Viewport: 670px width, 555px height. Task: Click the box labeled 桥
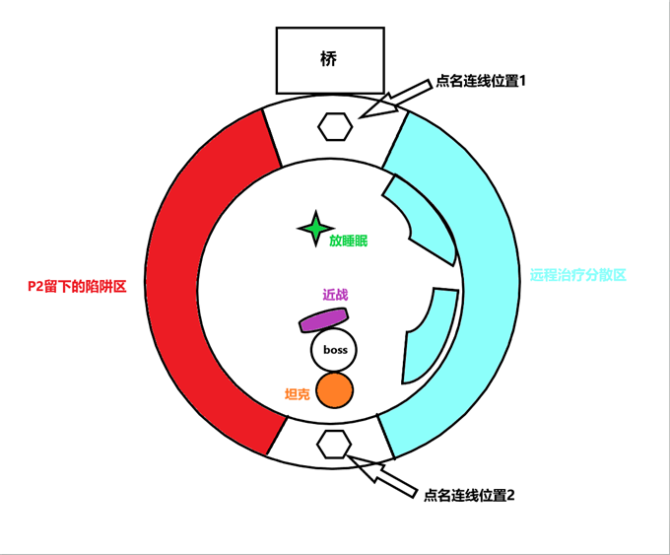[x=329, y=59]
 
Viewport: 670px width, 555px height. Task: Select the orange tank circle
[x=334, y=390]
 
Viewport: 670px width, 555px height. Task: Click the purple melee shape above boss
[x=324, y=319]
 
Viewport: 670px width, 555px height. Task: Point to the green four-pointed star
[x=315, y=229]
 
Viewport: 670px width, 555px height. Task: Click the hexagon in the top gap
[x=335, y=126]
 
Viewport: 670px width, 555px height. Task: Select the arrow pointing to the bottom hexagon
[x=389, y=478]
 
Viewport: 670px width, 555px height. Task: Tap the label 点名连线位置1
[x=482, y=80]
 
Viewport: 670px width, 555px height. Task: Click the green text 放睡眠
[x=348, y=240]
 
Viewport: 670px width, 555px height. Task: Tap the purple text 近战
[x=335, y=294]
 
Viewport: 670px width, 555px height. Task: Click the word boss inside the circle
[x=335, y=350]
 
